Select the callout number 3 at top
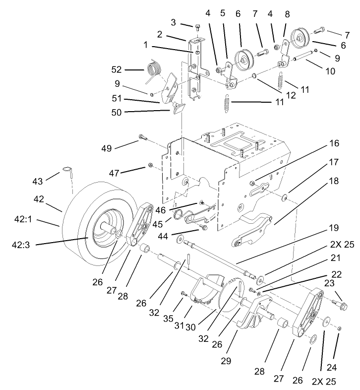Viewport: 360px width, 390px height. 173,22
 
